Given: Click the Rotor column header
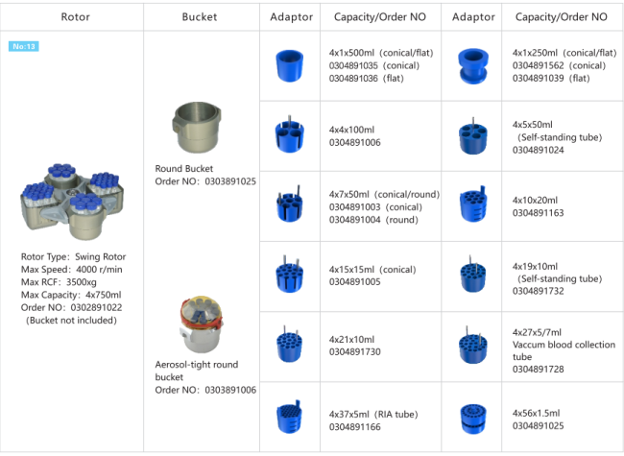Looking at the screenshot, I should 75,17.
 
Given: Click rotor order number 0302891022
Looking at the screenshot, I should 96,308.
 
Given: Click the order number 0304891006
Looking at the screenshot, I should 355,141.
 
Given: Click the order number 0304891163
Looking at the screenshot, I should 539,213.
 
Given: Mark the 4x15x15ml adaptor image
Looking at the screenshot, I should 289,276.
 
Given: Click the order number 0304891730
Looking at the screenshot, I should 355,352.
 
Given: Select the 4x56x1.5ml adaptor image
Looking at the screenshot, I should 471,417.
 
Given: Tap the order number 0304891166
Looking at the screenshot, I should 355,426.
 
